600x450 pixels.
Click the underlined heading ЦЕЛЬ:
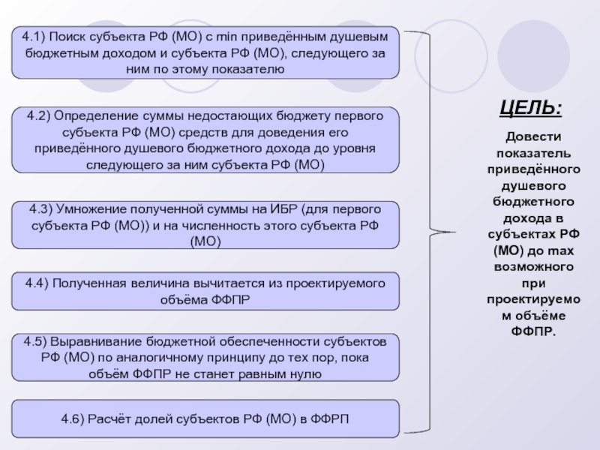point(531,107)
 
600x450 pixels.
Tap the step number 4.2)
point(38,116)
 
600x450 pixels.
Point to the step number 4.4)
point(37,283)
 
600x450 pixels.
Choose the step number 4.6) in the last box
point(74,418)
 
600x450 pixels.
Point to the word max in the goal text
point(559,252)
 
